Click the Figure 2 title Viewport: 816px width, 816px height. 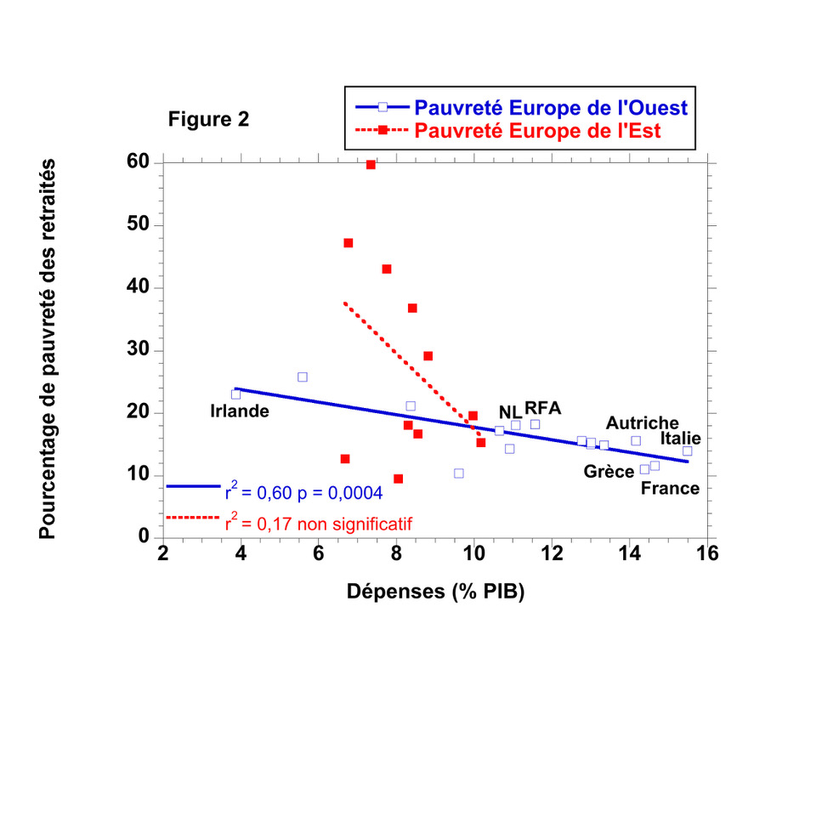click(x=208, y=120)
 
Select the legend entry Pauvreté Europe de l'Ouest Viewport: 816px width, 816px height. click(x=550, y=107)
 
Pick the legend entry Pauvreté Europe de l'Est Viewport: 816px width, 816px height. click(x=537, y=131)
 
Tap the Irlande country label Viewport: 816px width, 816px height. click(x=240, y=411)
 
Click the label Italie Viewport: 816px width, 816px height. click(x=681, y=439)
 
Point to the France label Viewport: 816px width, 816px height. click(x=670, y=488)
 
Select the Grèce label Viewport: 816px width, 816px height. click(x=609, y=472)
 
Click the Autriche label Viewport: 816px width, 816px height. click(x=642, y=422)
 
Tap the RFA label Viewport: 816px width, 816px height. click(x=542, y=407)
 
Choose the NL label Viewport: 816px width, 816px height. click(x=510, y=411)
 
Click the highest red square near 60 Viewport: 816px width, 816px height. click(x=371, y=165)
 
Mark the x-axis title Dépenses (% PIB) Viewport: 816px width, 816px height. click(x=435, y=592)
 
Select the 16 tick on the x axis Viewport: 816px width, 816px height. click(x=707, y=553)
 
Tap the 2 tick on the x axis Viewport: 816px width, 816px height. click(x=163, y=553)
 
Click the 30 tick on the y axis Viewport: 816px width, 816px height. click(x=139, y=350)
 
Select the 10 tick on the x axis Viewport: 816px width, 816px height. click(x=473, y=553)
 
